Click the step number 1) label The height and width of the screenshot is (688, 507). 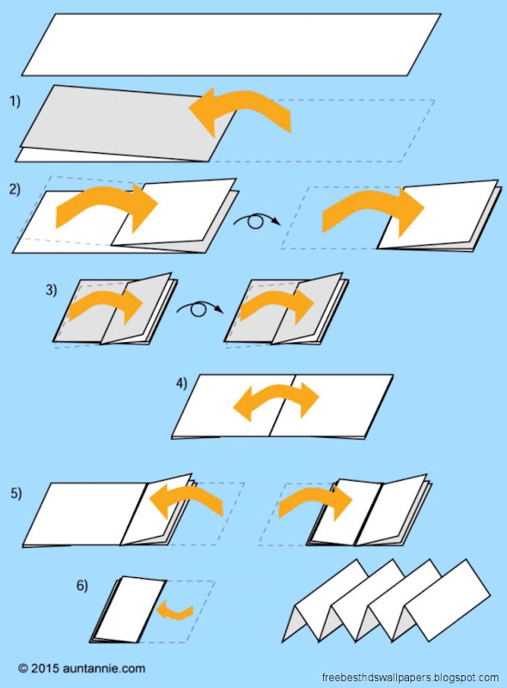pos(15,101)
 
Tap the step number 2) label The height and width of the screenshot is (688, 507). pos(15,189)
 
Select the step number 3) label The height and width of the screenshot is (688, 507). pos(52,290)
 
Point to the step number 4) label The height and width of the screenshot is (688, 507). pos(181,383)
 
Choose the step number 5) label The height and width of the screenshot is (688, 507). pos(16,493)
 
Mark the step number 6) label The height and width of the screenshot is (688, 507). pos(82,586)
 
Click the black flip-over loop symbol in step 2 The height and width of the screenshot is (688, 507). pos(257,219)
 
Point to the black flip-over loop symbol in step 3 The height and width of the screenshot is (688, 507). pos(199,308)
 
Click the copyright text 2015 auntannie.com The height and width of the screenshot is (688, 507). pos(82,669)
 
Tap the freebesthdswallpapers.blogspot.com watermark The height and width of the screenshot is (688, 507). pos(410,678)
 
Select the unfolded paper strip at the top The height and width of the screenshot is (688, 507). pos(231,45)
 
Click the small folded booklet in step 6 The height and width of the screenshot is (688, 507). pos(129,610)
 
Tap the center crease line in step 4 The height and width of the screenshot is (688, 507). pos(282,405)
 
